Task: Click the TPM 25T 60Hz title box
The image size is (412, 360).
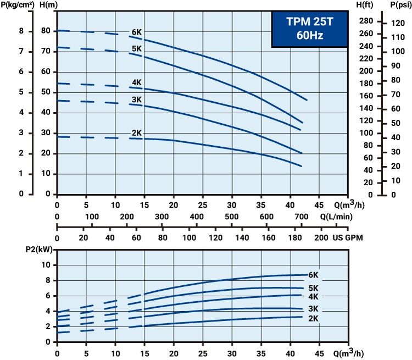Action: [310, 29]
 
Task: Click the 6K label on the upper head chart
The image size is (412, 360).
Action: [137, 32]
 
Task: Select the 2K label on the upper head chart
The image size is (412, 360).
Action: [137, 133]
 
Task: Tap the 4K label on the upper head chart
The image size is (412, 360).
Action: [137, 83]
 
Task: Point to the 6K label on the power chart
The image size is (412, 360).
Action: [314, 275]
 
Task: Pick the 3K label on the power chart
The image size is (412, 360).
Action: [314, 309]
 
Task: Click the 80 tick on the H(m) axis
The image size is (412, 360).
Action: [47, 31]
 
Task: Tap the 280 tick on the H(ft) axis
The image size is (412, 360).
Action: [367, 21]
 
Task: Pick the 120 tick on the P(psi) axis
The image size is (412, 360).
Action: [398, 24]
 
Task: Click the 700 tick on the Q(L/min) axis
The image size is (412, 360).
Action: [301, 217]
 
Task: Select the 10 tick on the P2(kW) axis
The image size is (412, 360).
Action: [46, 265]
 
